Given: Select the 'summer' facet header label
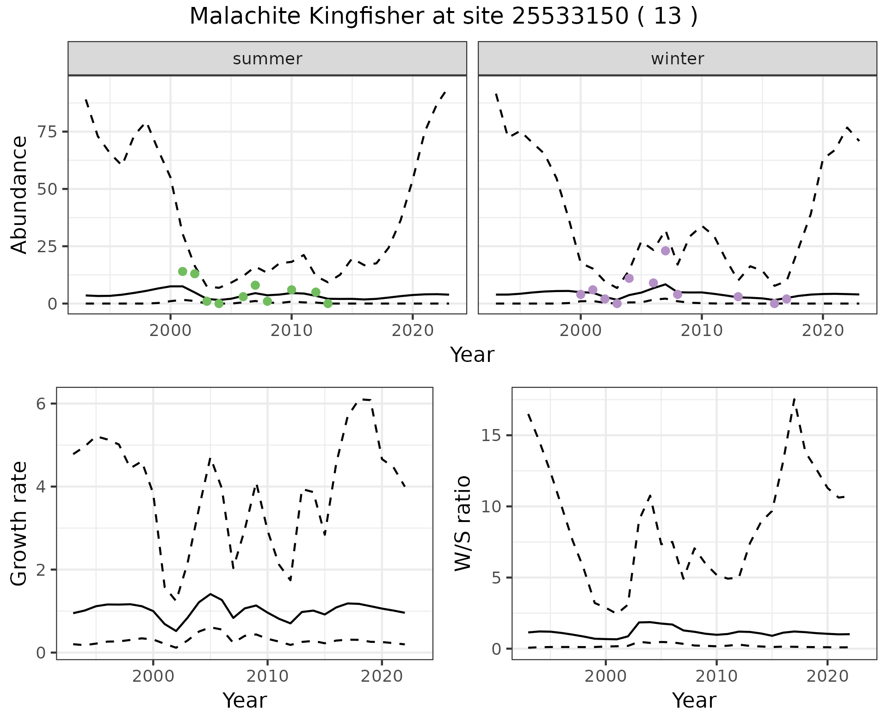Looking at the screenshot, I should click(x=267, y=59).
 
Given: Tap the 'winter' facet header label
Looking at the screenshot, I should click(x=677, y=59).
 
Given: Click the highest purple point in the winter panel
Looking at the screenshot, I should click(x=666, y=251).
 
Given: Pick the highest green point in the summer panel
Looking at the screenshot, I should click(x=183, y=271).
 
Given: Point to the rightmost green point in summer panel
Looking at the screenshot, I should click(x=328, y=304).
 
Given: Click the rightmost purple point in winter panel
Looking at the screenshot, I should click(x=787, y=299).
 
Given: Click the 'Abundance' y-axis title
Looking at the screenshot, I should click(x=19, y=194).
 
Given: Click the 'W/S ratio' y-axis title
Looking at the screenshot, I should click(x=463, y=523).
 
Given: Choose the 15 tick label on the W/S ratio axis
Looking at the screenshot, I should click(x=493, y=436).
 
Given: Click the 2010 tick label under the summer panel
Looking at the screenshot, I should click(x=291, y=330).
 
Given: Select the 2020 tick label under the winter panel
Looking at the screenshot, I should click(x=823, y=330).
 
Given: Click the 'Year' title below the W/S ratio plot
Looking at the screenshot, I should click(x=694, y=700).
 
